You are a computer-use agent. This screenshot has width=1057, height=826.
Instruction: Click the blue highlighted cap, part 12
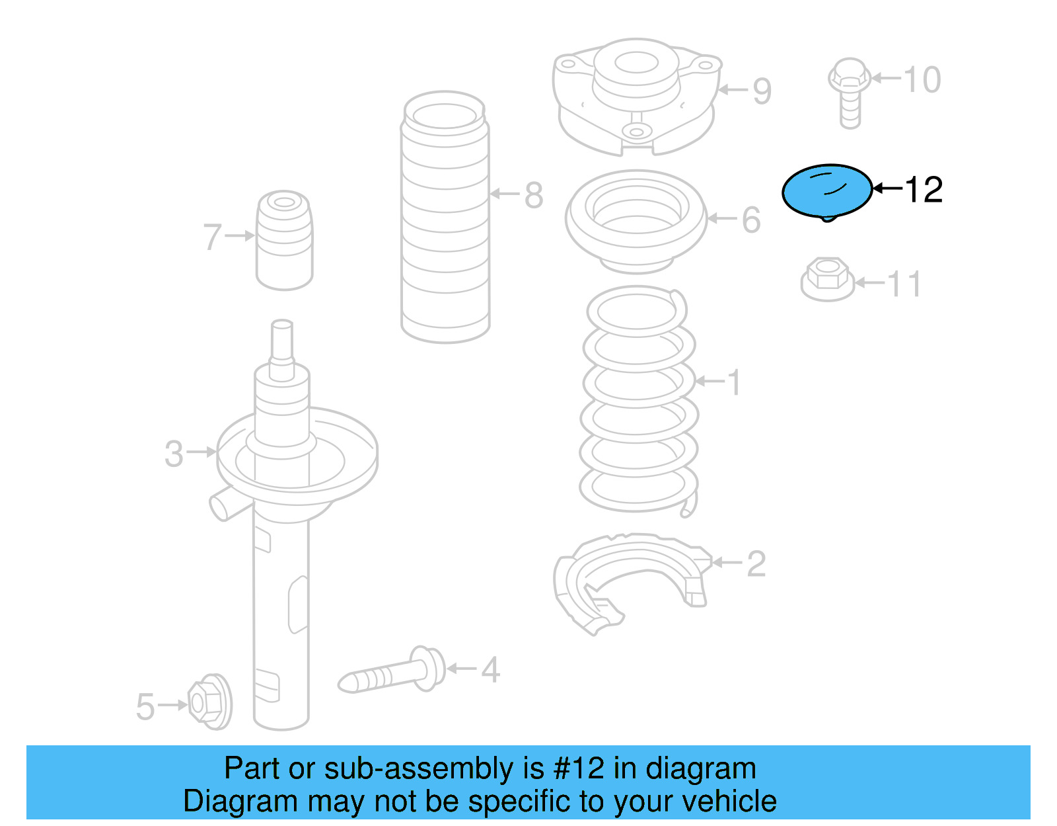826,190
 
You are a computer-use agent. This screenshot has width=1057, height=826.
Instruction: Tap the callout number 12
923,190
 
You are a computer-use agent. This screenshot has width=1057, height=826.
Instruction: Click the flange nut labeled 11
826,279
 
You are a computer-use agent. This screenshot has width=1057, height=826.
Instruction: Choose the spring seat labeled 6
636,222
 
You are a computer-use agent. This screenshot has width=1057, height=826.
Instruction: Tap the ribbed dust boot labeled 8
445,218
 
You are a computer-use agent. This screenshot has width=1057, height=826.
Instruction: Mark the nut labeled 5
209,702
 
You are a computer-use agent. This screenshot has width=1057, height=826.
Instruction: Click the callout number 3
174,454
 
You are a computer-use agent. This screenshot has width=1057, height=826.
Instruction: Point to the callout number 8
534,196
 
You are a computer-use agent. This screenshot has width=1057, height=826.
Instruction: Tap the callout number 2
756,564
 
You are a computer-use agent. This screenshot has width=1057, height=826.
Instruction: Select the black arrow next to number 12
887,189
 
